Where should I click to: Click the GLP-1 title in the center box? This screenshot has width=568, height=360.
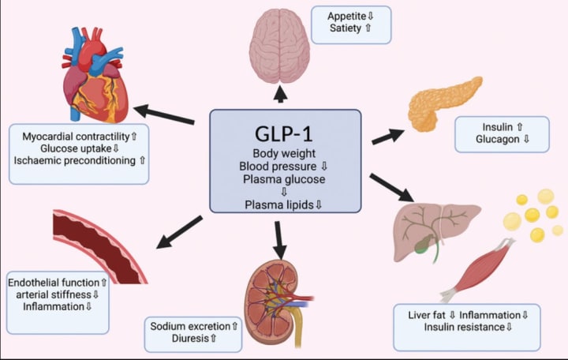click(x=284, y=133)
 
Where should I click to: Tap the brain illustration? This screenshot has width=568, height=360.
click(x=279, y=46)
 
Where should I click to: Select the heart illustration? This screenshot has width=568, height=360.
click(x=95, y=75)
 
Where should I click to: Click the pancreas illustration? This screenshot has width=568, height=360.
click(x=443, y=103)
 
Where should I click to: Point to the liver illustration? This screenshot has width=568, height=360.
click(x=436, y=231)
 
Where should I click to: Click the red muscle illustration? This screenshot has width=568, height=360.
click(x=478, y=269)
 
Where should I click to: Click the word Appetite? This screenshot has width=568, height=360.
click(x=346, y=16)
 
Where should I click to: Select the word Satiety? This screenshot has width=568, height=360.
click(x=346, y=28)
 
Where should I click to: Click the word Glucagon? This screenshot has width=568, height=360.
click(x=497, y=139)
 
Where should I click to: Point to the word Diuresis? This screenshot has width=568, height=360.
click(x=190, y=338)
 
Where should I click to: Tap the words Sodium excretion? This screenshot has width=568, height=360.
click(x=190, y=326)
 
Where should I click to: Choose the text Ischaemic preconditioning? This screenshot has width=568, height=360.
click(x=75, y=160)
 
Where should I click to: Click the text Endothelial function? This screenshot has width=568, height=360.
click(x=54, y=283)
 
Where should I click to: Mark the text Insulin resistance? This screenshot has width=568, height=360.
click(x=465, y=327)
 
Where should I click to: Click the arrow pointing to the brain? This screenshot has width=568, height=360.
click(x=280, y=94)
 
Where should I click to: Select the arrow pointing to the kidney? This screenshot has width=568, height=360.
click(x=279, y=240)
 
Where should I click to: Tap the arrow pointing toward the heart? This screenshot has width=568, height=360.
click(x=164, y=114)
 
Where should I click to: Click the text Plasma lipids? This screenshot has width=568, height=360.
click(x=279, y=204)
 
